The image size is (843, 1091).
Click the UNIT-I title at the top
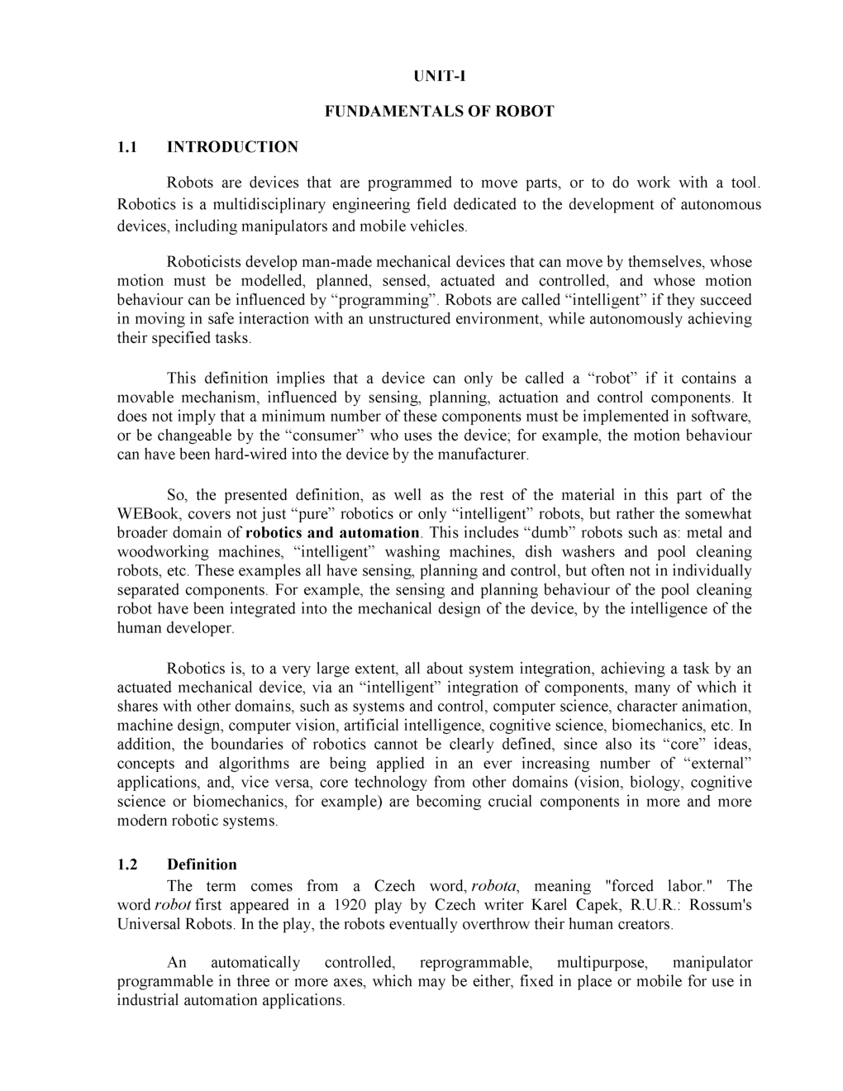tap(440, 76)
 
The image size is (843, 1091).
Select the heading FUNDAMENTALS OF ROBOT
tap(439, 111)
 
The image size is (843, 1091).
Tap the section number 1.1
tap(126, 147)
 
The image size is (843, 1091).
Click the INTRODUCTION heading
tap(232, 147)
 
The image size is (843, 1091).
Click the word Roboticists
tap(207, 262)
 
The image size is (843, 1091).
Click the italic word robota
tap(493, 886)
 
